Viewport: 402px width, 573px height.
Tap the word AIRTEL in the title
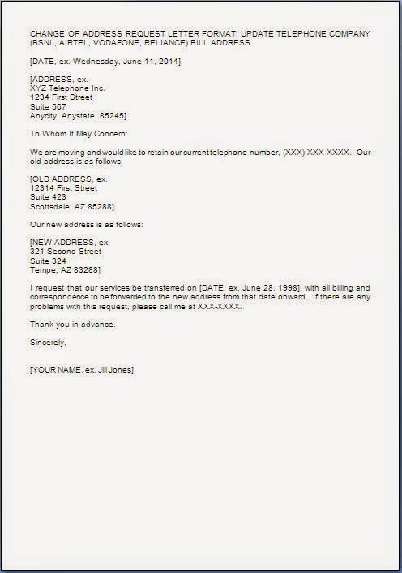tap(82, 43)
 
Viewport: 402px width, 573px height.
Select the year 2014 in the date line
tap(168, 61)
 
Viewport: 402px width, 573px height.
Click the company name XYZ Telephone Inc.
tap(67, 88)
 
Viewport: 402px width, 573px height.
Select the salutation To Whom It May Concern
tap(78, 133)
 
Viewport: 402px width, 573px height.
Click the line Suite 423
tap(48, 196)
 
